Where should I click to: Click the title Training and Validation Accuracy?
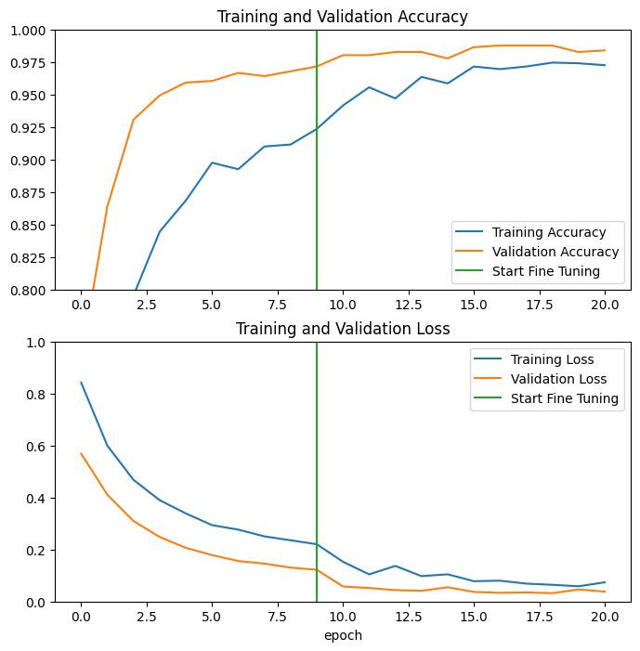(342, 17)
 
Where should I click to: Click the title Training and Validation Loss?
(342, 329)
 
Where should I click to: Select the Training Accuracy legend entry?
(548, 232)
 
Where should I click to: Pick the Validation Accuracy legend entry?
(555, 252)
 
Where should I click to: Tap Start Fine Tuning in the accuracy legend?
(545, 271)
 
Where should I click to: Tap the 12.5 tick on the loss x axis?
(408, 616)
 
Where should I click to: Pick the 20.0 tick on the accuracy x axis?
(605, 304)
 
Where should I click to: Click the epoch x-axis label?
(342, 635)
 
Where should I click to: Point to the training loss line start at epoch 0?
(81, 383)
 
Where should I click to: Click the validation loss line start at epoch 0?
(81, 453)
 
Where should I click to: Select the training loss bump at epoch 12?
(395, 566)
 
